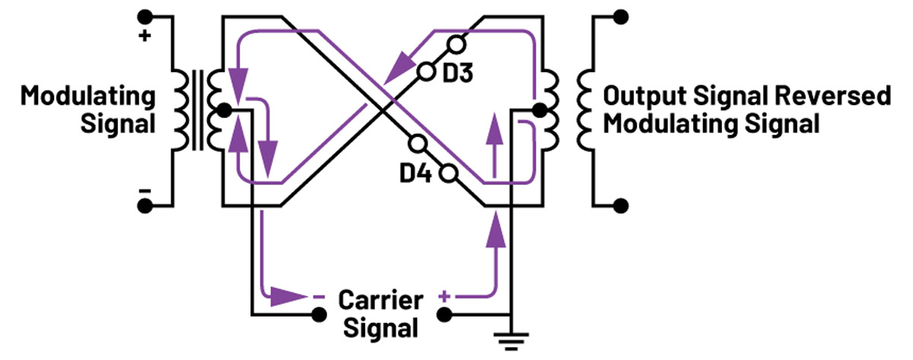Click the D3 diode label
point(460,75)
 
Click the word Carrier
point(380,298)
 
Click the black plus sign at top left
point(145,36)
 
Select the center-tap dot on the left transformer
point(223,110)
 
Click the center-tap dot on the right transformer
point(539,110)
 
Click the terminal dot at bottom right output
point(622,205)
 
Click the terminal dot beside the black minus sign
point(145,205)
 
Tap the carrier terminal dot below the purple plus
point(445,314)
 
